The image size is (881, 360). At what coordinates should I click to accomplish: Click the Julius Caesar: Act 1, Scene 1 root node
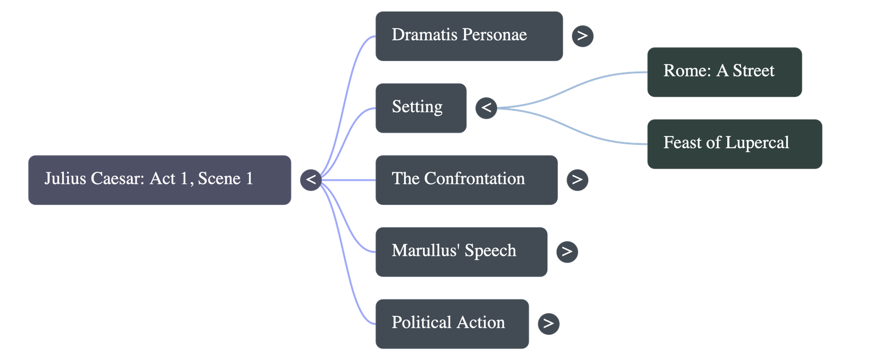click(160, 180)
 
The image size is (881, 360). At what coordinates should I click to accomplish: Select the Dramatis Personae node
click(469, 36)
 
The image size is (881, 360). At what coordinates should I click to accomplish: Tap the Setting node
click(421, 108)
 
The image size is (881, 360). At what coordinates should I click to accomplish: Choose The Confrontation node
click(466, 180)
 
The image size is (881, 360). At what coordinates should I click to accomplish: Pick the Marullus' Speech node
click(461, 252)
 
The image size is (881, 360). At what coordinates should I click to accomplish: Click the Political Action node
click(452, 324)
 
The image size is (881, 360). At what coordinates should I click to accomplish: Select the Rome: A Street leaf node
click(724, 72)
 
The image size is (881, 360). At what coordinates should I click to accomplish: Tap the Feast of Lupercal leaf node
click(734, 144)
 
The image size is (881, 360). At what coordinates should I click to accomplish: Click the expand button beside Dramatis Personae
click(583, 36)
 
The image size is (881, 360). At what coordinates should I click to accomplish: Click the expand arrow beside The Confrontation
click(577, 180)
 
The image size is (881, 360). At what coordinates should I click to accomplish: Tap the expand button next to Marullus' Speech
click(567, 252)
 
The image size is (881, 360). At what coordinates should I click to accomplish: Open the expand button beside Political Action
click(548, 324)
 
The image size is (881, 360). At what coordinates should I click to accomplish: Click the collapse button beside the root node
click(311, 180)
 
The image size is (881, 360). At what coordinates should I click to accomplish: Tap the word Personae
click(494, 35)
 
